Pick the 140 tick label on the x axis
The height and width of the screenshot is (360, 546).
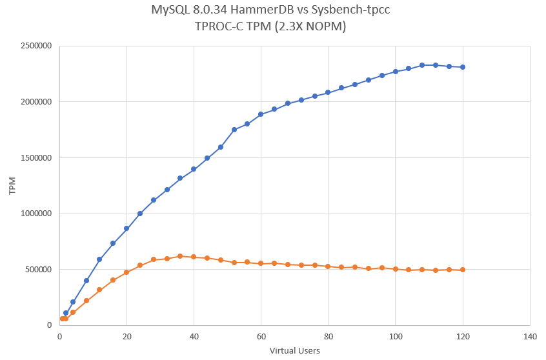click(530, 337)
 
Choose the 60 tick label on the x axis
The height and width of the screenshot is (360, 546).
click(261, 337)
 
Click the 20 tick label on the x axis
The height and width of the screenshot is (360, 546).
click(126, 337)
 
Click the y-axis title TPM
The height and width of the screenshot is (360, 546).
click(12, 186)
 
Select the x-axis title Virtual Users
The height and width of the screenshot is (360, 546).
click(295, 351)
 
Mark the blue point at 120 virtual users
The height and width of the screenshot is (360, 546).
click(463, 67)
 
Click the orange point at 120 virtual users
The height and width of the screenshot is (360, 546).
click(463, 270)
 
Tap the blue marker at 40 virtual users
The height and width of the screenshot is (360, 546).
click(194, 169)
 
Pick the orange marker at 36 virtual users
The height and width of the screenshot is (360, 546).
click(180, 256)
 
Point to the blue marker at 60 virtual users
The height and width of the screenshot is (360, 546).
click(261, 114)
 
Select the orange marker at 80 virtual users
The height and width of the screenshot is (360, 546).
click(328, 266)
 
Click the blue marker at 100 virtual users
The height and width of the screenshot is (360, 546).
click(396, 72)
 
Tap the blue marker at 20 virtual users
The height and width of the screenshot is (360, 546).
click(126, 228)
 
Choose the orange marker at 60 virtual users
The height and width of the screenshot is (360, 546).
click(261, 263)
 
